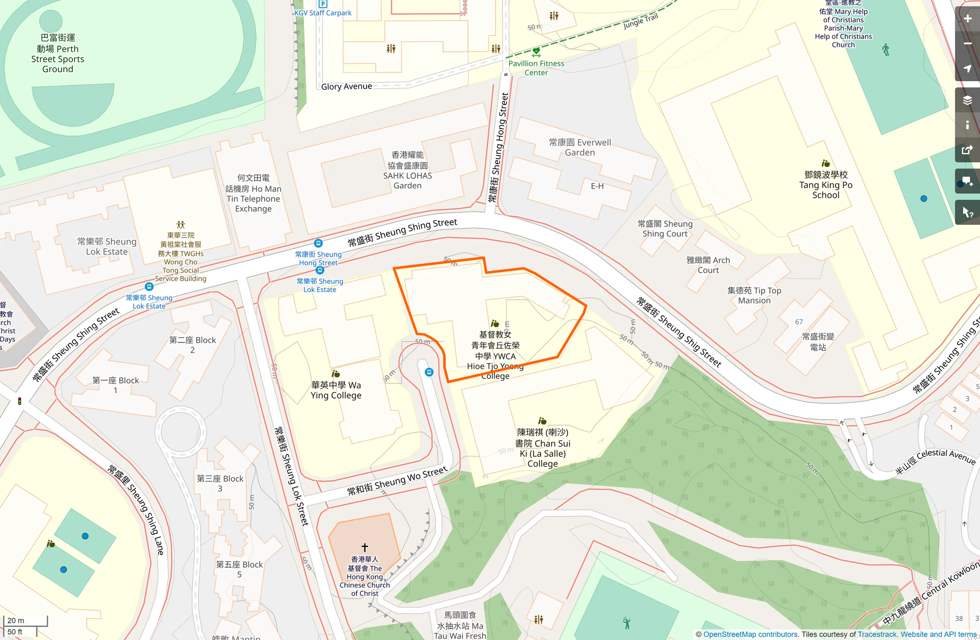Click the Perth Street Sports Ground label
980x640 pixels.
(x=57, y=54)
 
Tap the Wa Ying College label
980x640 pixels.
(x=336, y=390)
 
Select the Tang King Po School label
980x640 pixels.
(x=826, y=185)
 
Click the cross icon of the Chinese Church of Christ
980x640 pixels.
(x=365, y=547)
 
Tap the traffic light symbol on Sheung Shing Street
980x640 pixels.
(x=20, y=401)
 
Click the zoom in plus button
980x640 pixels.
(x=967, y=19)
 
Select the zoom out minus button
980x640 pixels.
(x=967, y=44)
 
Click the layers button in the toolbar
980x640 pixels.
(x=967, y=100)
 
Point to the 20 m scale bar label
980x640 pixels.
(x=16, y=620)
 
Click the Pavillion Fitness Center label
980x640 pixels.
(x=536, y=68)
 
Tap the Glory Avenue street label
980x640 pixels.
(x=346, y=86)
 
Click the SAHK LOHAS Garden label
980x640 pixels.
(x=407, y=170)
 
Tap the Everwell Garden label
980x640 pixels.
(x=579, y=147)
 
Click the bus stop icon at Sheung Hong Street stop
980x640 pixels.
(x=318, y=243)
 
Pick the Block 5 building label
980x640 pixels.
(x=239, y=569)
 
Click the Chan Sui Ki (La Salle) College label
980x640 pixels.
(x=542, y=448)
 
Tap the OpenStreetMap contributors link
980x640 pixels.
(x=750, y=634)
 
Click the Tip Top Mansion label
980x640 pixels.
(x=754, y=296)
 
